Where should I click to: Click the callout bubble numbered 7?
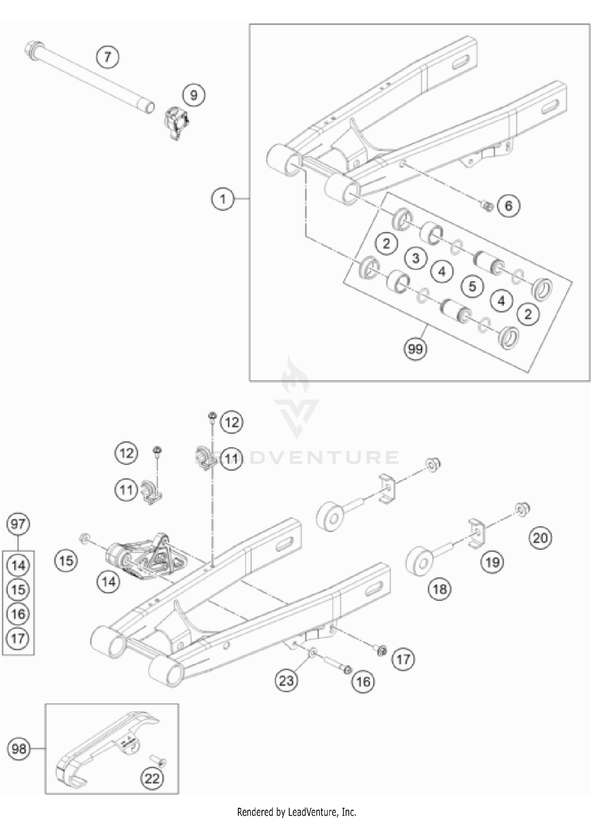pos(108,57)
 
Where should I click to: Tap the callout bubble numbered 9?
pos(194,95)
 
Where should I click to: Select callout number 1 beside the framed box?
pos(223,198)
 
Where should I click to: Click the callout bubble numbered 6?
pos(508,205)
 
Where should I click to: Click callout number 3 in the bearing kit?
pos(415,258)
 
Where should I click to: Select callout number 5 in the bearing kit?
pos(472,286)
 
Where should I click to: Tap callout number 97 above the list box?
pos(18,524)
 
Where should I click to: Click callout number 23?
pos(286,681)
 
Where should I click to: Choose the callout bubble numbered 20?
pos(540,538)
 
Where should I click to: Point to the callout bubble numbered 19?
pos(492,562)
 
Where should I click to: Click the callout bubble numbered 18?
pos(440,589)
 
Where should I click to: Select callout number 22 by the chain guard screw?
pos(152,778)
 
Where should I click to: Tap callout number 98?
pos(19,749)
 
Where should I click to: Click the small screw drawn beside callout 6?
pos(488,205)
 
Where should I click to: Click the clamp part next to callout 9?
pos(175,122)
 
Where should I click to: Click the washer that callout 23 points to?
pos(313,652)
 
